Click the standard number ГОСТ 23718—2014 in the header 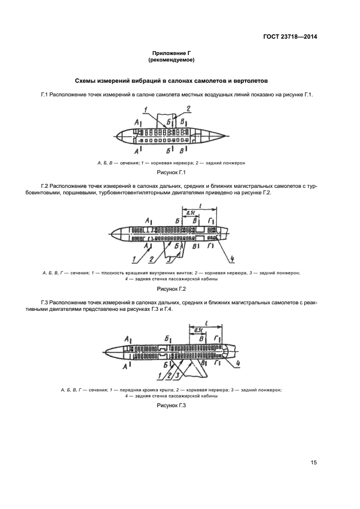[289, 37]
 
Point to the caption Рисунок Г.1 [172, 173]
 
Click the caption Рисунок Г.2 [172, 289]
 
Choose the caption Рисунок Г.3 [172, 405]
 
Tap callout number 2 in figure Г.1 [188, 108]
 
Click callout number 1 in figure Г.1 [147, 110]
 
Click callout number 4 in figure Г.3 [240, 364]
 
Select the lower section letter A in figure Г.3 [125, 368]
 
